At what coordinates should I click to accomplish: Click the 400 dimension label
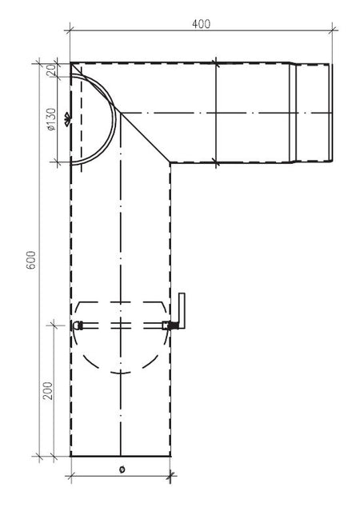[x=201, y=24]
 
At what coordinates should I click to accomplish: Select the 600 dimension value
[x=31, y=261]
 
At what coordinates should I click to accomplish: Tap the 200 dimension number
[x=47, y=390]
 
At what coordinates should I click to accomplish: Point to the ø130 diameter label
[x=50, y=118]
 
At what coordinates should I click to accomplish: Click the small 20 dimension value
[x=50, y=70]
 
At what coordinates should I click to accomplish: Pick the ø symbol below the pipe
[x=121, y=469]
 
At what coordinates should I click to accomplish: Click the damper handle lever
[x=182, y=311]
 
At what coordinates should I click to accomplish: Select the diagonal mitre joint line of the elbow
[x=144, y=137]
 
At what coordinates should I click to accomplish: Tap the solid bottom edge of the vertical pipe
[x=120, y=456]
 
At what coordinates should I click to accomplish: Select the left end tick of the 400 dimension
[x=70, y=31]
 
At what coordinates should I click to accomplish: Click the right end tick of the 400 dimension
[x=333, y=31]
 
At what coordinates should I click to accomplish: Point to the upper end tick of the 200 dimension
[x=54, y=324]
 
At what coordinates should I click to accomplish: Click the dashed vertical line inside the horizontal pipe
[x=217, y=112]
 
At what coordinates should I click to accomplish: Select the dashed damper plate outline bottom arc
[x=120, y=369]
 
